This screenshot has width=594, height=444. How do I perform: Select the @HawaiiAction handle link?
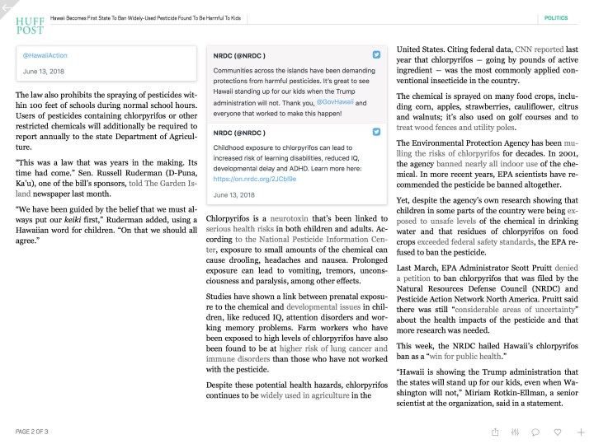click(x=45, y=55)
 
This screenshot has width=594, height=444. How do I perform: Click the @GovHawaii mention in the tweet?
click(x=336, y=103)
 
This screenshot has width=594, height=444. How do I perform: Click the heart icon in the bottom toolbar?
click(x=558, y=431)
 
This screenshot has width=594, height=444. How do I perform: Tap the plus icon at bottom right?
click(x=581, y=431)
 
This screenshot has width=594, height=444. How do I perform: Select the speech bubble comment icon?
click(x=535, y=431)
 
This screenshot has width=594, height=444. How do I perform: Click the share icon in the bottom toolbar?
click(x=494, y=431)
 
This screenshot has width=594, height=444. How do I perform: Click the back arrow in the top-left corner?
click(x=6, y=6)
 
